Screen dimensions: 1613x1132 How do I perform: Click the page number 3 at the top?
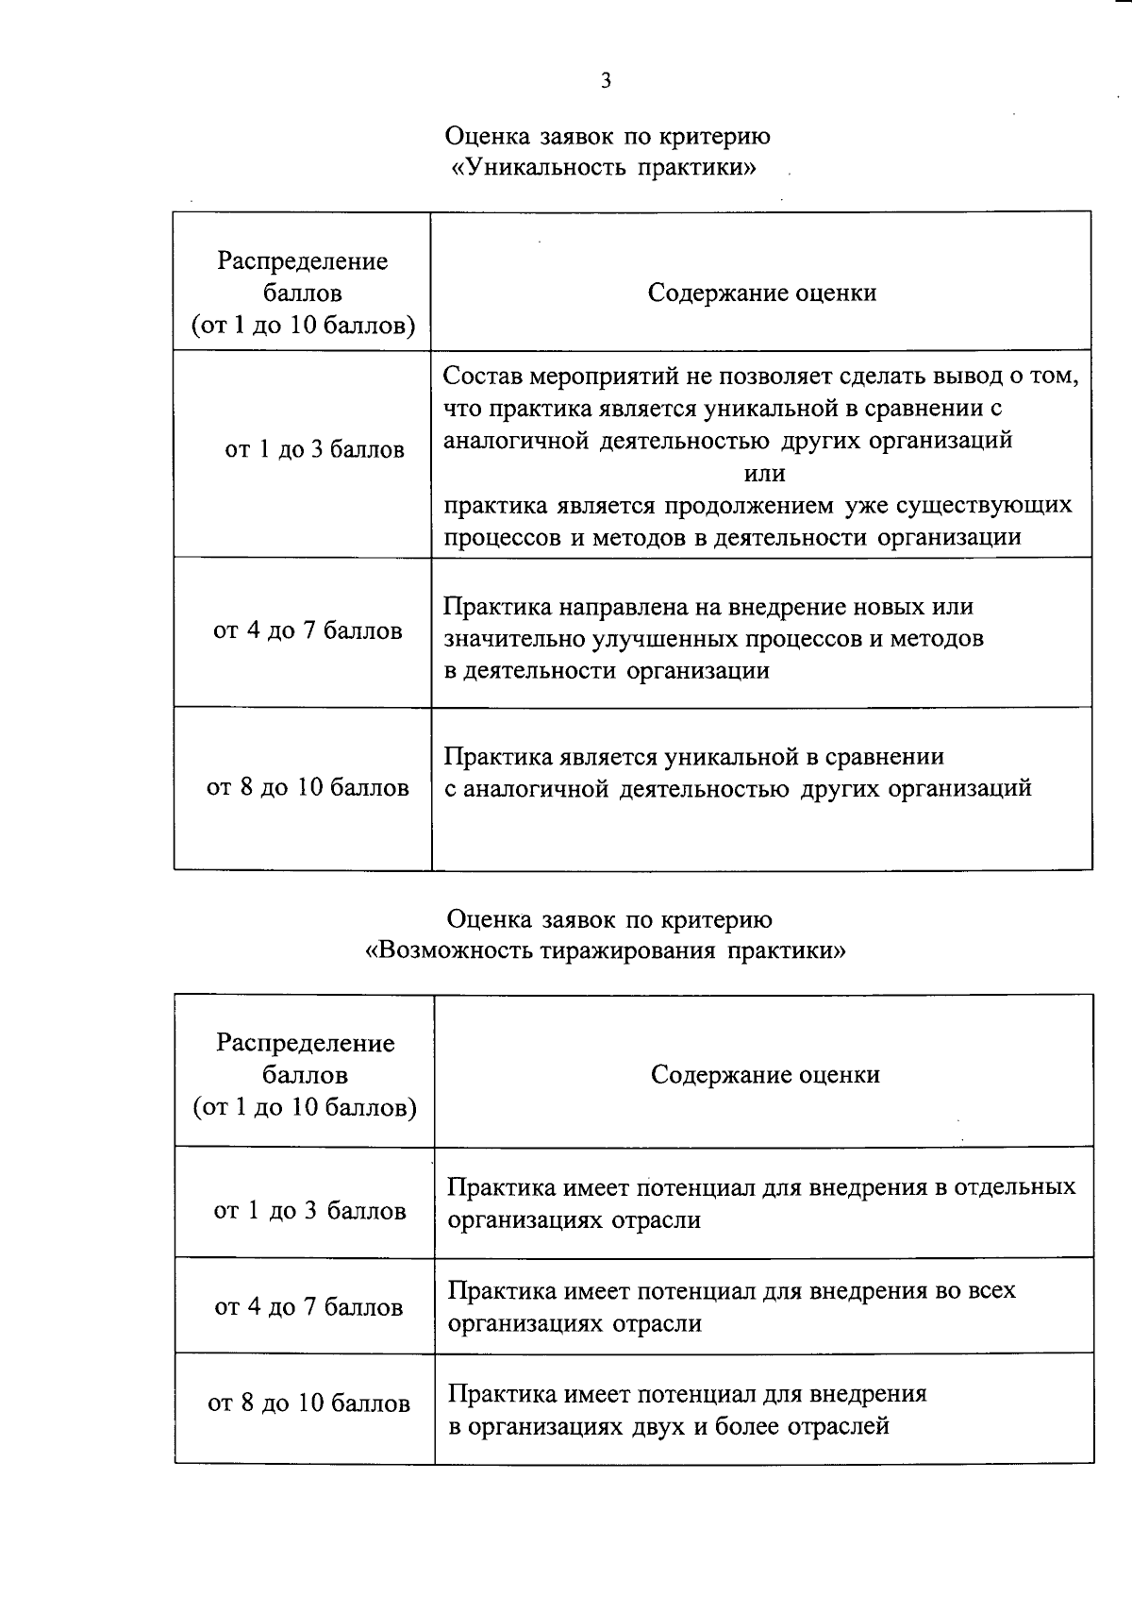606,80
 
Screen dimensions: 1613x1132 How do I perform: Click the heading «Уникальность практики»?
605,168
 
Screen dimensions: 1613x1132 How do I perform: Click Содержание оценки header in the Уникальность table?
762,293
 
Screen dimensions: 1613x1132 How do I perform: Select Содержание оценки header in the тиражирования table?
765,1074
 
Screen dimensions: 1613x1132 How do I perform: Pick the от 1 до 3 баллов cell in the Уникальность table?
314,449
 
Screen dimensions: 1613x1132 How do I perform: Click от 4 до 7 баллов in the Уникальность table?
308,630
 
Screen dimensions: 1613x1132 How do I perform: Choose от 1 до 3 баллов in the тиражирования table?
309,1210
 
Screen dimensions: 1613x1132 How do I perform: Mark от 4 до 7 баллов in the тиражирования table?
308,1306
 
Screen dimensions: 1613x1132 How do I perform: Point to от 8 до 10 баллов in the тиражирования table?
308,1403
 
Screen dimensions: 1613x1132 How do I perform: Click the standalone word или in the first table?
764,473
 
